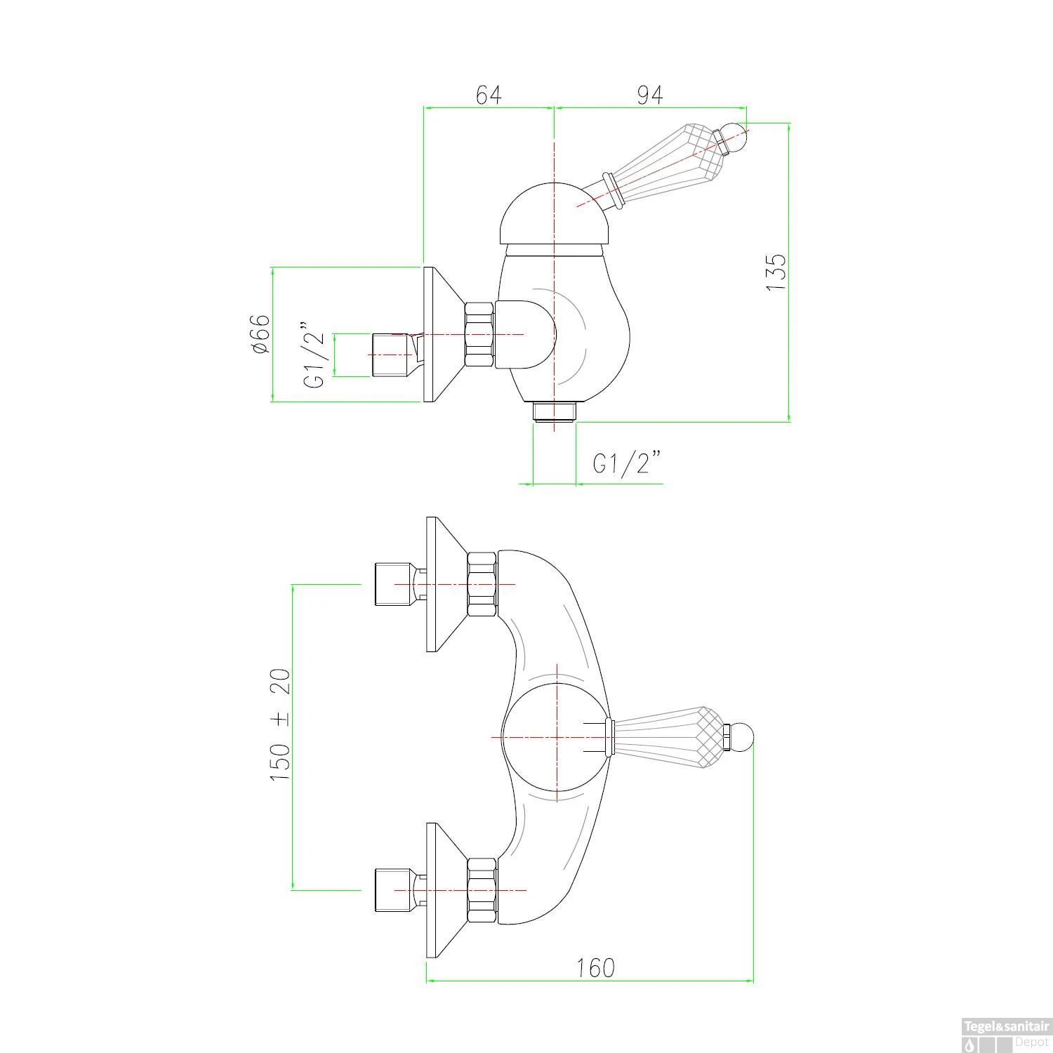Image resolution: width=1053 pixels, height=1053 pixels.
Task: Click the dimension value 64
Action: [489, 95]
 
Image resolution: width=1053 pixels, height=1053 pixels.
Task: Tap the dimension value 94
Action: [649, 95]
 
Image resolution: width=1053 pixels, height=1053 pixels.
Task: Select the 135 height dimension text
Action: [776, 272]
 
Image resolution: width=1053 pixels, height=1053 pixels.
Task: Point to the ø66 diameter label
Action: [260, 333]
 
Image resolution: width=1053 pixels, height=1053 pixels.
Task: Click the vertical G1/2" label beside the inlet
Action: [314, 356]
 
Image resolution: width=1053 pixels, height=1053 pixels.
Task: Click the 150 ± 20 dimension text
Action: [279, 727]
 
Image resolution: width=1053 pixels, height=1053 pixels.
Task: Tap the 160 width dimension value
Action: [595, 968]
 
